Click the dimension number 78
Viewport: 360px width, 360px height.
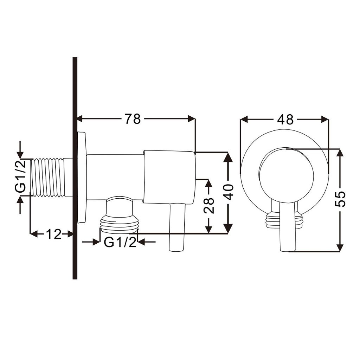(x=133, y=119)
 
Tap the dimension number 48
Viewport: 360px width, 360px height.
(x=285, y=120)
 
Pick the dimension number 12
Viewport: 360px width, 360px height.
(x=54, y=234)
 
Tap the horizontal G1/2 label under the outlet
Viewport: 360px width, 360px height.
(x=120, y=242)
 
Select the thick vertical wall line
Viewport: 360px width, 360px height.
(x=75, y=168)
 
